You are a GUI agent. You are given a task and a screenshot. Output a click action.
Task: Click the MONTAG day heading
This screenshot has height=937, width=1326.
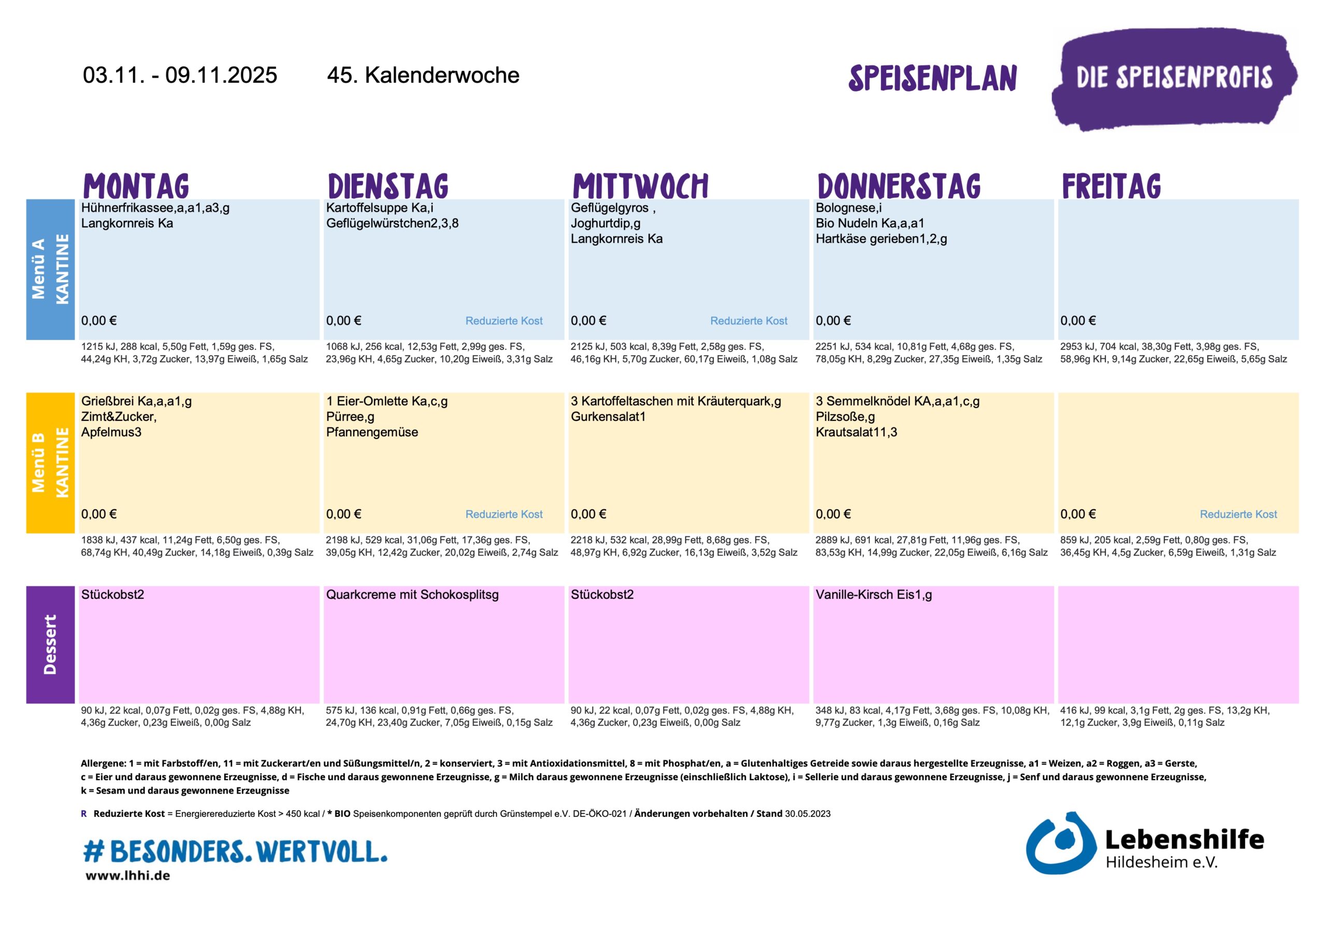pyautogui.click(x=136, y=186)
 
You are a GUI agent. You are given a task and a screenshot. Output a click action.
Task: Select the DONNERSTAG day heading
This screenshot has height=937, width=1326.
pyautogui.click(x=899, y=186)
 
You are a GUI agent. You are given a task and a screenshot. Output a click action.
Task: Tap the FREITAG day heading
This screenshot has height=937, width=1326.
pyautogui.click(x=1111, y=186)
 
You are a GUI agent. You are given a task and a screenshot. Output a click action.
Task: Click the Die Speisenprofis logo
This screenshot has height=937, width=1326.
pyautogui.click(x=1174, y=78)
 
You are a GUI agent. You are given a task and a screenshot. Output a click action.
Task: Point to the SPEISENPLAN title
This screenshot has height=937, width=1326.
pyautogui.click(x=932, y=79)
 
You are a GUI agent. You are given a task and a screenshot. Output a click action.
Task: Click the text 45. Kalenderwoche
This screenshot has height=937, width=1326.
pyautogui.click(x=423, y=75)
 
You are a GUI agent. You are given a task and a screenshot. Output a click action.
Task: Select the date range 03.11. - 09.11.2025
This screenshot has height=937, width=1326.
pyautogui.click(x=180, y=75)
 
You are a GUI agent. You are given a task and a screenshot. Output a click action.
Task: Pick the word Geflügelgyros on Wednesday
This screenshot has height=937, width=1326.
pyautogui.click(x=609, y=208)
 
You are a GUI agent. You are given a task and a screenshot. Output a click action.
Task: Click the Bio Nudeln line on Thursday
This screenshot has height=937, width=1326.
pyautogui.click(x=870, y=224)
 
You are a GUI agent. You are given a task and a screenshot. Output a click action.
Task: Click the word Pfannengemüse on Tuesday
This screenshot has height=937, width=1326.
pyautogui.click(x=372, y=432)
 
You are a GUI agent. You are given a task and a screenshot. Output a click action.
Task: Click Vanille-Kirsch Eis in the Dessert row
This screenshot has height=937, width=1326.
pyautogui.click(x=870, y=595)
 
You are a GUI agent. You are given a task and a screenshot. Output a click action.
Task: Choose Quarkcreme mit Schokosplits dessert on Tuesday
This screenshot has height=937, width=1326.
pyautogui.click(x=412, y=595)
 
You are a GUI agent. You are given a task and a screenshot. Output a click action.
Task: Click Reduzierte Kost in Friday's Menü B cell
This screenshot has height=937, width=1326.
pyautogui.click(x=1238, y=515)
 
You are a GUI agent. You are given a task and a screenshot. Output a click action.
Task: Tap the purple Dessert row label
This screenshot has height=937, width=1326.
pyautogui.click(x=50, y=645)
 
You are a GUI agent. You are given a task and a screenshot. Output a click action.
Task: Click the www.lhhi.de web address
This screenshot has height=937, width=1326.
pyautogui.click(x=127, y=875)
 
